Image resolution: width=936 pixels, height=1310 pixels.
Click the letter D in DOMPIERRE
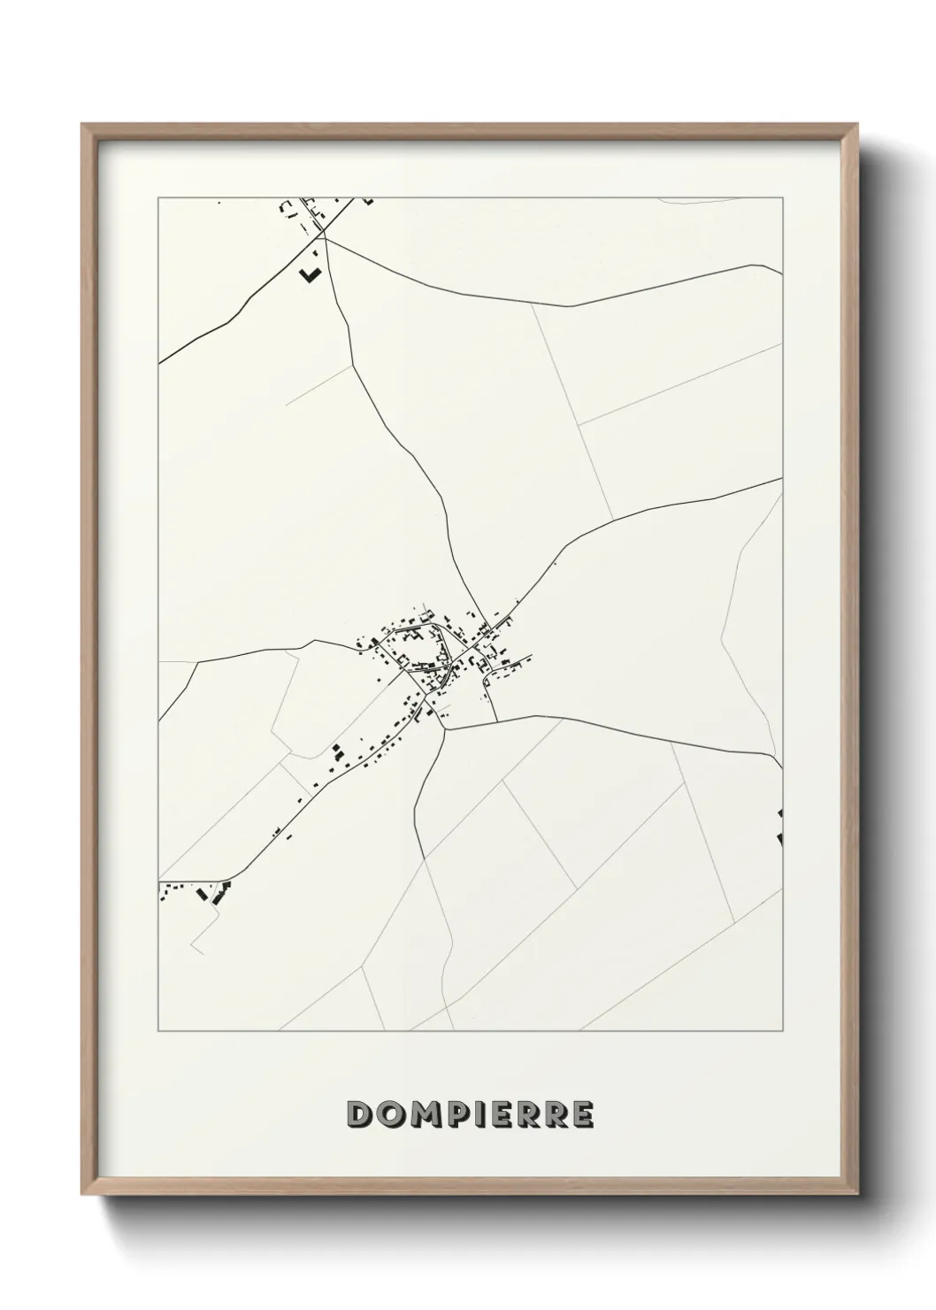[362, 1114]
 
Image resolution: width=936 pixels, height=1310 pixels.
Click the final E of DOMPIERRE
[581, 1114]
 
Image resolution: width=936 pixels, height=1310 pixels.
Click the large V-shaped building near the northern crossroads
[309, 274]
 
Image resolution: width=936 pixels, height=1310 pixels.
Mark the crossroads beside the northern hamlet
[324, 237]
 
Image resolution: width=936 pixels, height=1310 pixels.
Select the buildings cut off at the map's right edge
[779, 828]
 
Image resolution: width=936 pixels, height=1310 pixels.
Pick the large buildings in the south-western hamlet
[212, 895]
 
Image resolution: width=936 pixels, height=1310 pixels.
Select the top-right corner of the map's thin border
[783, 197]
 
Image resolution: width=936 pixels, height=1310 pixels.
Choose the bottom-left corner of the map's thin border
[158, 1031]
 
